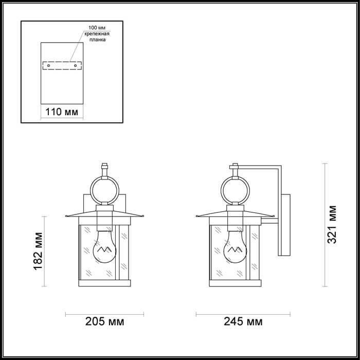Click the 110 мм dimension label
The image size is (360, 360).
coord(62,112)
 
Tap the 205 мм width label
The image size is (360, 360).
coord(105,321)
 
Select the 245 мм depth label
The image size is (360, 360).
coord(243,321)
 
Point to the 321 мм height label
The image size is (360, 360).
coord(332,225)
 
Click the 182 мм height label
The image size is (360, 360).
coord(38,251)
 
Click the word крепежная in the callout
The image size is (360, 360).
coord(97,34)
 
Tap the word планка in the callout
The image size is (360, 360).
coord(98,40)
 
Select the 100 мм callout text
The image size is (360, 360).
coord(97,28)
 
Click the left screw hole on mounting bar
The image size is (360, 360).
coord(48,66)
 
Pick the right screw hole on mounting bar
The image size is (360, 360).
coord(75,66)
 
